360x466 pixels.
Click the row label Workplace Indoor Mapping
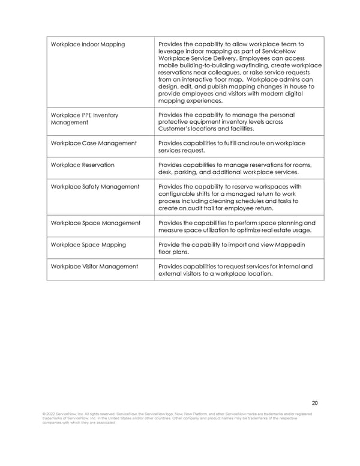(x=88, y=44)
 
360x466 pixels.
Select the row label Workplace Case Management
(x=94, y=143)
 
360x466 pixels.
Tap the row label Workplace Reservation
(x=83, y=165)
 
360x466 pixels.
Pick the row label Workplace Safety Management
(x=95, y=186)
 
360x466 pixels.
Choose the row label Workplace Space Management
(x=95, y=223)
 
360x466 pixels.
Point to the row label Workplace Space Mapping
(x=88, y=244)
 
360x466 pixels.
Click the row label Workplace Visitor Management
(x=94, y=266)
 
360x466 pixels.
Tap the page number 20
(x=316, y=403)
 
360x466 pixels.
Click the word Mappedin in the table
(x=296, y=244)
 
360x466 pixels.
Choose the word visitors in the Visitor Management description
(x=203, y=274)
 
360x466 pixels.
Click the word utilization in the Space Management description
(x=234, y=231)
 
